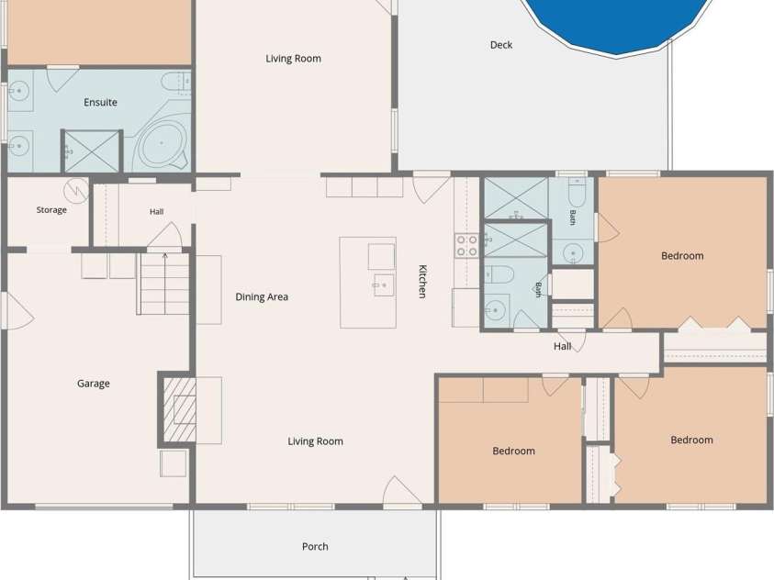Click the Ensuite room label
click(100, 103)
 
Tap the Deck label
click(501, 45)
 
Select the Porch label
click(315, 546)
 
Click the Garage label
click(94, 384)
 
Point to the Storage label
click(51, 209)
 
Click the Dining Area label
click(262, 297)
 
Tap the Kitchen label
click(422, 282)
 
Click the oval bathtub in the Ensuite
click(162, 144)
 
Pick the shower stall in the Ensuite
click(92, 151)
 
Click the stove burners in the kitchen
click(466, 246)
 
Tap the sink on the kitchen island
click(384, 285)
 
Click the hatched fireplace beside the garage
click(179, 409)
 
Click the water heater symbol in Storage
click(76, 190)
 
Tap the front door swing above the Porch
click(402, 491)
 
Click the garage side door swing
click(18, 311)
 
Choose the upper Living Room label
click(293, 59)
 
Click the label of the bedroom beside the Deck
click(682, 256)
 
